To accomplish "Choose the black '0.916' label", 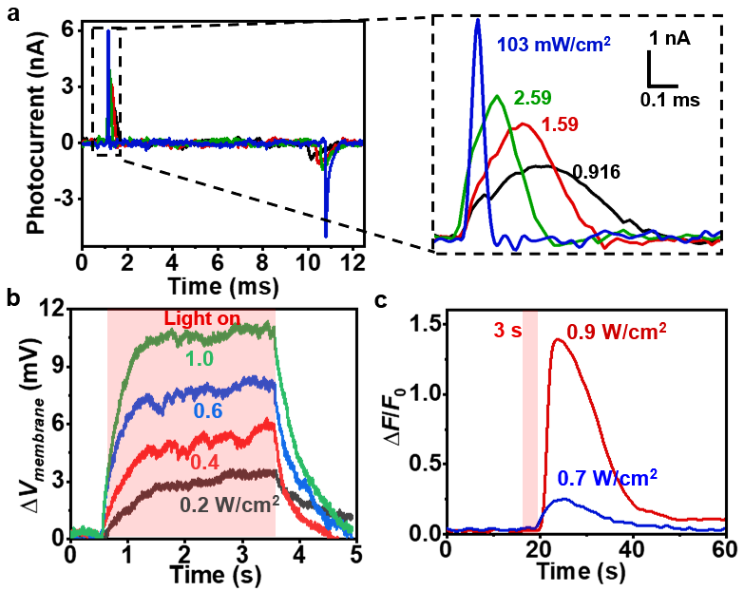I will (596, 171).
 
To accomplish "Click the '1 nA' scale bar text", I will (670, 39).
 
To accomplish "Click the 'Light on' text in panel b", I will (192, 318).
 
